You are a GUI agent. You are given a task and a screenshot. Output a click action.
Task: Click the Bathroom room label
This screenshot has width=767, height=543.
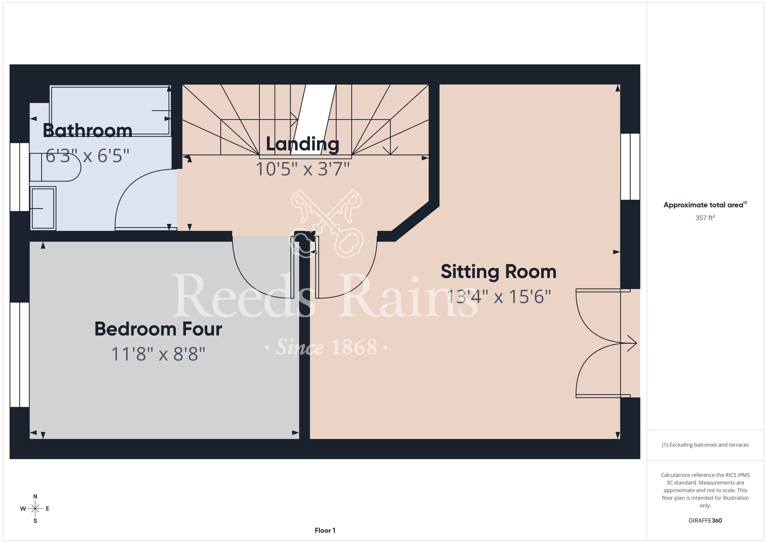[x=87, y=131]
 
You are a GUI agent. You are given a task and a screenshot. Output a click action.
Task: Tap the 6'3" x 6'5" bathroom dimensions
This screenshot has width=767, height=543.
[x=87, y=156]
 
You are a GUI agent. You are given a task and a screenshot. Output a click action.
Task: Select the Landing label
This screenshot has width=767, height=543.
[x=303, y=144]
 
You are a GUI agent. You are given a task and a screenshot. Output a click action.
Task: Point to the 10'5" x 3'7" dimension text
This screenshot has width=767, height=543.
[x=303, y=169]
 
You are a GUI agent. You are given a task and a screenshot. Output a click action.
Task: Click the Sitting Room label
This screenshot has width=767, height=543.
[x=499, y=272]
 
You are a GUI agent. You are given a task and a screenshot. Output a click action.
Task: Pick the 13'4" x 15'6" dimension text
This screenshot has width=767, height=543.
[x=499, y=296]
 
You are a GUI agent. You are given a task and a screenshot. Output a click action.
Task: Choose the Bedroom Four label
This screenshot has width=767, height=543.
[x=158, y=329]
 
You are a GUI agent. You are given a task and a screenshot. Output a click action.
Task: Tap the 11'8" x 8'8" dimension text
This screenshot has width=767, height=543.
[x=158, y=354]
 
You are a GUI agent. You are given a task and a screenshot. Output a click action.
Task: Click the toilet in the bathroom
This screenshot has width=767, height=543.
[x=55, y=167]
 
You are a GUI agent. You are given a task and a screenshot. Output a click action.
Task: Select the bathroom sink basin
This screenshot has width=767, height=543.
[x=43, y=209]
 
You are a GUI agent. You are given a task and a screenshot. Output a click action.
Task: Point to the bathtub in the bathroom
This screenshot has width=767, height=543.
[x=110, y=111]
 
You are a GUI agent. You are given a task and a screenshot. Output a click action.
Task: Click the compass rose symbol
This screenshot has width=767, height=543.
[x=35, y=509]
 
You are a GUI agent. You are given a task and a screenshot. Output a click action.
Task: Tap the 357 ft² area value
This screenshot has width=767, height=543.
[x=705, y=218]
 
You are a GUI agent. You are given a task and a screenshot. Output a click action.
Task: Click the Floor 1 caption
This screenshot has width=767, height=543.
[x=325, y=530]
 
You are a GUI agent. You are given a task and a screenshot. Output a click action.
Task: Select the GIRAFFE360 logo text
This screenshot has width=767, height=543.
[x=705, y=521]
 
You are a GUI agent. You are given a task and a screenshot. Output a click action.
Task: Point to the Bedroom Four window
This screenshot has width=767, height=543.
[x=20, y=354]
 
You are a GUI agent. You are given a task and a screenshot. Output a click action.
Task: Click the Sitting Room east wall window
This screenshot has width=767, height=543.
[x=630, y=167]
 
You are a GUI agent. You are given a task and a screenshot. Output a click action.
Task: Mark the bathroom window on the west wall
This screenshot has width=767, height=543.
[x=20, y=177]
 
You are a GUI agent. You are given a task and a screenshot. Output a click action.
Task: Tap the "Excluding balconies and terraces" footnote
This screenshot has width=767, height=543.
[x=705, y=445]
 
